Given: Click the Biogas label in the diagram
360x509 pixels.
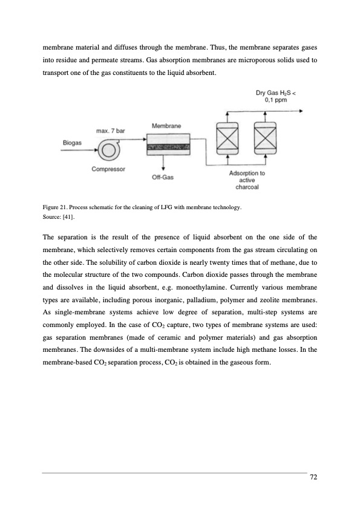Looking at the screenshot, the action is click(72, 143).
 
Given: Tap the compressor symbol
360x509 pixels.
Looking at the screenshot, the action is click(109, 151).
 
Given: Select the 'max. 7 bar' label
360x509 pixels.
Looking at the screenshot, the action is click(111, 131).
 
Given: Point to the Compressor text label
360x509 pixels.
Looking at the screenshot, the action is click(108, 169).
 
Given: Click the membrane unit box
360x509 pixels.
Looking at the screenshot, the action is click(168, 144).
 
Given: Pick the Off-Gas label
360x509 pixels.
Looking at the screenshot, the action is click(163, 177).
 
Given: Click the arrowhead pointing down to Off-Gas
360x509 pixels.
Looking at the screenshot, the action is click(163, 169).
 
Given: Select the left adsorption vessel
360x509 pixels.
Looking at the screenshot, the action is click(227, 138).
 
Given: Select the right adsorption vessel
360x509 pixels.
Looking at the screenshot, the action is click(265, 138).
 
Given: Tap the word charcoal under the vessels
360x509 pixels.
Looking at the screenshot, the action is click(247, 187).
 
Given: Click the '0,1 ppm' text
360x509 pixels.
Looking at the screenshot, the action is click(276, 100).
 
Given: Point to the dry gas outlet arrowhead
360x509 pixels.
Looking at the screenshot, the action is click(301, 111).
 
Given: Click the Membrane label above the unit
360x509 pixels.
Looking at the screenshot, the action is click(166, 126).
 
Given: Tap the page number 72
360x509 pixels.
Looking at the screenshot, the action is click(313, 477).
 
